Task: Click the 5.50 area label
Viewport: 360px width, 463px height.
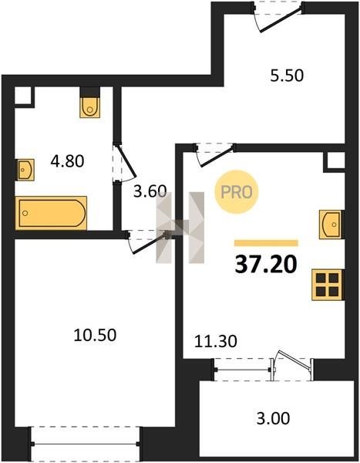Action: click(x=287, y=76)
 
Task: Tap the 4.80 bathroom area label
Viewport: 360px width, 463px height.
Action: click(x=67, y=161)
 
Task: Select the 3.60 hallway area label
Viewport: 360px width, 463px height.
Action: click(x=150, y=191)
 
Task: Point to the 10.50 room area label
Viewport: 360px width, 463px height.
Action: click(x=95, y=335)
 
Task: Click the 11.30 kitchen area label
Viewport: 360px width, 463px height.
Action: click(x=216, y=341)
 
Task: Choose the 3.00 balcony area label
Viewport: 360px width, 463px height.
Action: click(x=273, y=418)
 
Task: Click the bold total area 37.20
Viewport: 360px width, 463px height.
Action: click(x=266, y=264)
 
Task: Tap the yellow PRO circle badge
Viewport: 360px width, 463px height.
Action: click(x=237, y=192)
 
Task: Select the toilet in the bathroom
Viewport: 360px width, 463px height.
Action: click(x=89, y=107)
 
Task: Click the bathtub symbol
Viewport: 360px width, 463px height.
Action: click(x=51, y=213)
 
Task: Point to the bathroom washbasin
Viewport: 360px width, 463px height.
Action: click(x=25, y=170)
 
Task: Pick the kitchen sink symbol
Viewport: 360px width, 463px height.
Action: click(x=331, y=225)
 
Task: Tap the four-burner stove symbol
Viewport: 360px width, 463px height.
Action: click(x=328, y=285)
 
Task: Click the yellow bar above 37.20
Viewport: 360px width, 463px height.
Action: click(x=266, y=243)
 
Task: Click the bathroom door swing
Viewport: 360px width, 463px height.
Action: click(x=125, y=162)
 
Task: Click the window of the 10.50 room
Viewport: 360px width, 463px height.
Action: click(x=85, y=444)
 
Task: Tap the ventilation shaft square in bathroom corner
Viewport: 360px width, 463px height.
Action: click(x=23, y=96)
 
